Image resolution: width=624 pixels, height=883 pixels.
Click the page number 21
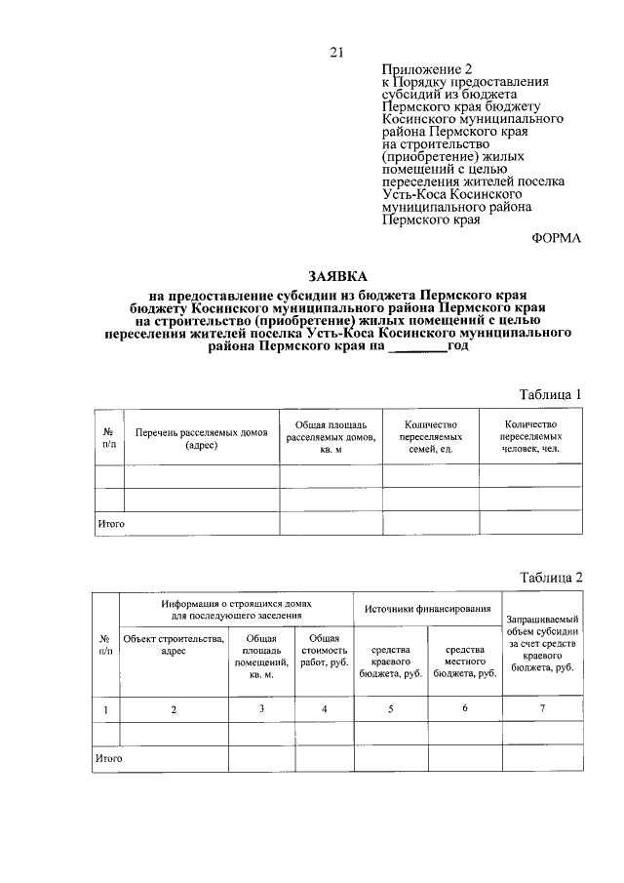336,53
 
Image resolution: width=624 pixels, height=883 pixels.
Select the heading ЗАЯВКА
336,277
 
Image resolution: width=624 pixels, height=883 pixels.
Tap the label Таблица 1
550,394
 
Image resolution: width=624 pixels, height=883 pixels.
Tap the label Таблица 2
550,577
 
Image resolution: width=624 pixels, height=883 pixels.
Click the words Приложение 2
426,69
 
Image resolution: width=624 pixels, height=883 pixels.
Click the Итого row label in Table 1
110,524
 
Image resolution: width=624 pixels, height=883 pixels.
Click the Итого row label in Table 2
108,756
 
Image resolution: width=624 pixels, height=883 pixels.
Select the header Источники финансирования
427,609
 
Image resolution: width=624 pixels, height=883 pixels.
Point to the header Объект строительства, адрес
174,646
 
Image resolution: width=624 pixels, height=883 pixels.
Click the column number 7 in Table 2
541,708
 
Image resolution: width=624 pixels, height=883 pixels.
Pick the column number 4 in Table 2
324,708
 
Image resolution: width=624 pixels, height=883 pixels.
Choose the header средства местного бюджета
465,661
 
